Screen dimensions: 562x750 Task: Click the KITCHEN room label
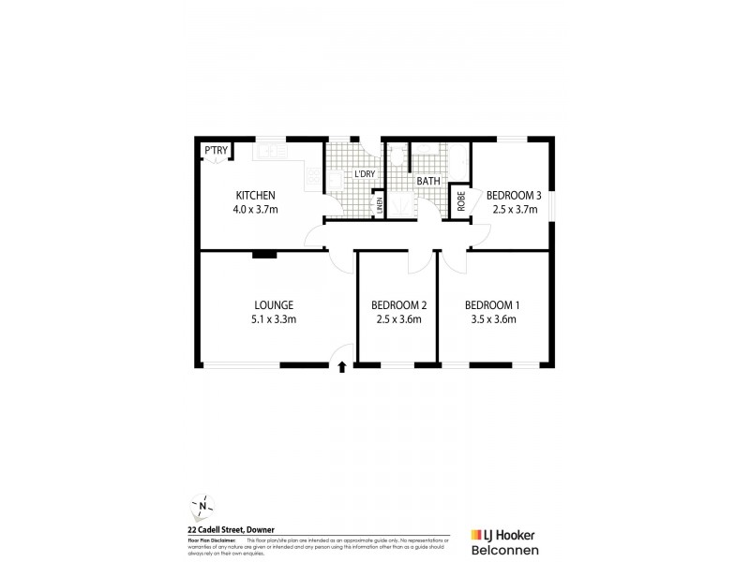click(x=255, y=195)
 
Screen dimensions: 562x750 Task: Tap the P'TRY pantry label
click(x=215, y=151)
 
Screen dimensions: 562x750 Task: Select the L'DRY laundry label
click(x=364, y=174)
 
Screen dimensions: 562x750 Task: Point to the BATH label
click(x=428, y=181)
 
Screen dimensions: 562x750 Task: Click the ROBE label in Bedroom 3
click(x=460, y=200)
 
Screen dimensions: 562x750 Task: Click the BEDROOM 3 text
click(x=514, y=195)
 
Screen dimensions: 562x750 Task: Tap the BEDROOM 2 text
click(x=398, y=305)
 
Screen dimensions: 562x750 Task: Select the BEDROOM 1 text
click(x=492, y=305)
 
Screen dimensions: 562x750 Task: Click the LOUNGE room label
click(x=275, y=305)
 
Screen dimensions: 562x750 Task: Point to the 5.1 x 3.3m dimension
click(x=275, y=320)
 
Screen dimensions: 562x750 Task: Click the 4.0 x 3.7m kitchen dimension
click(x=255, y=210)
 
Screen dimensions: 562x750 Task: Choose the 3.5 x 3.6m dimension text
click(x=492, y=320)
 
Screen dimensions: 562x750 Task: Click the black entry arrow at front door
click(x=340, y=366)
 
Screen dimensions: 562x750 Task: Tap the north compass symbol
click(x=202, y=506)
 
